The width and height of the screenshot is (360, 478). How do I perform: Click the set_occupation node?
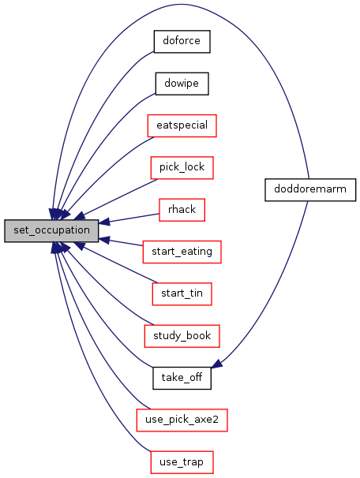click(x=51, y=230)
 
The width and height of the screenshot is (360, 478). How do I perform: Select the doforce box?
click(x=182, y=42)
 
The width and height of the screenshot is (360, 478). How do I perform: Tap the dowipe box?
click(x=182, y=84)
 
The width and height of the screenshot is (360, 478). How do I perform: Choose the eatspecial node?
click(x=182, y=125)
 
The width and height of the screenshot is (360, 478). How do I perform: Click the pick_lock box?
click(x=182, y=168)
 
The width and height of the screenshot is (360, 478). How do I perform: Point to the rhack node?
click(x=182, y=210)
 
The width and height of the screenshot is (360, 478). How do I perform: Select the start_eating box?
click(x=182, y=252)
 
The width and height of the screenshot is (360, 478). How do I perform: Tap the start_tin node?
click(x=182, y=294)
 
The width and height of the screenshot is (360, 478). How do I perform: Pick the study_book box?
click(x=182, y=336)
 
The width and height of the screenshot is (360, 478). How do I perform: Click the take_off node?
click(x=182, y=378)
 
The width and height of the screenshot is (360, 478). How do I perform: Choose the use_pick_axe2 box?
click(x=182, y=420)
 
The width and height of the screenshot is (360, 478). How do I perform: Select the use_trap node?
click(x=182, y=462)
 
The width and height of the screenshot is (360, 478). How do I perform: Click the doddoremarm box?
click(x=310, y=189)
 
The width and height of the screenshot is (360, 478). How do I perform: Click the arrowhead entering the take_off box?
click(x=216, y=363)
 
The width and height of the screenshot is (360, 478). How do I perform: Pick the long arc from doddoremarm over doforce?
click(x=181, y=4)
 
